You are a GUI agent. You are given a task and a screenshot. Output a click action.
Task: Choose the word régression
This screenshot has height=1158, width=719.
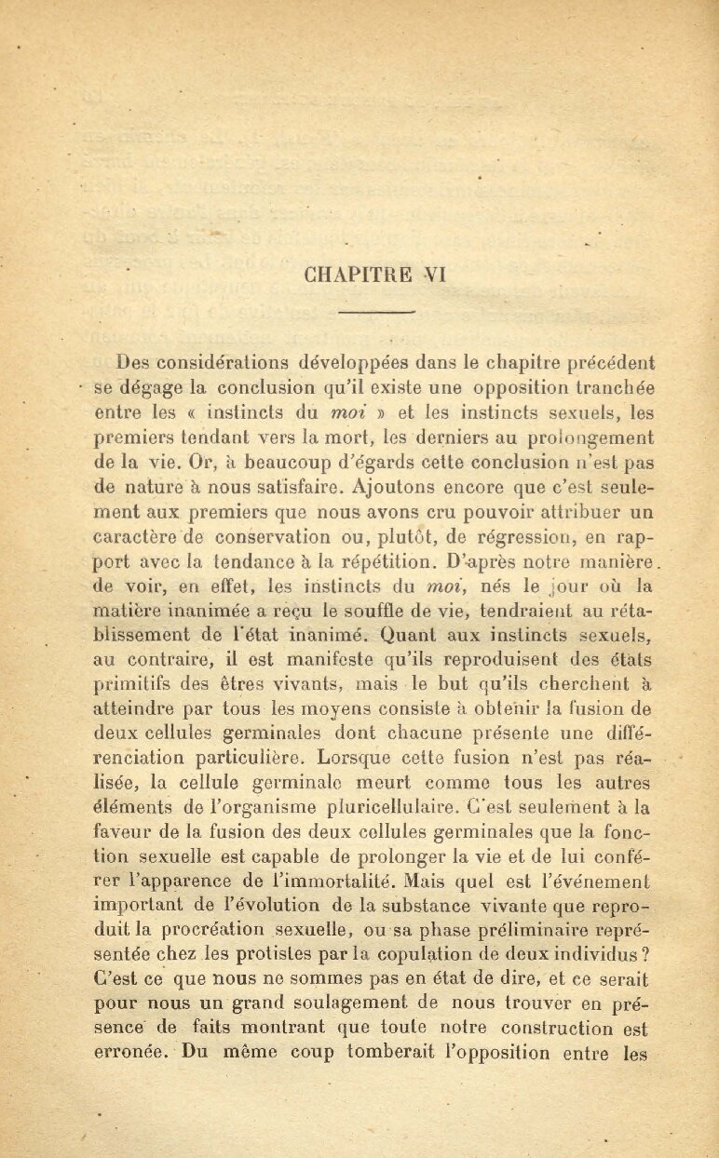click(x=522, y=536)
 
